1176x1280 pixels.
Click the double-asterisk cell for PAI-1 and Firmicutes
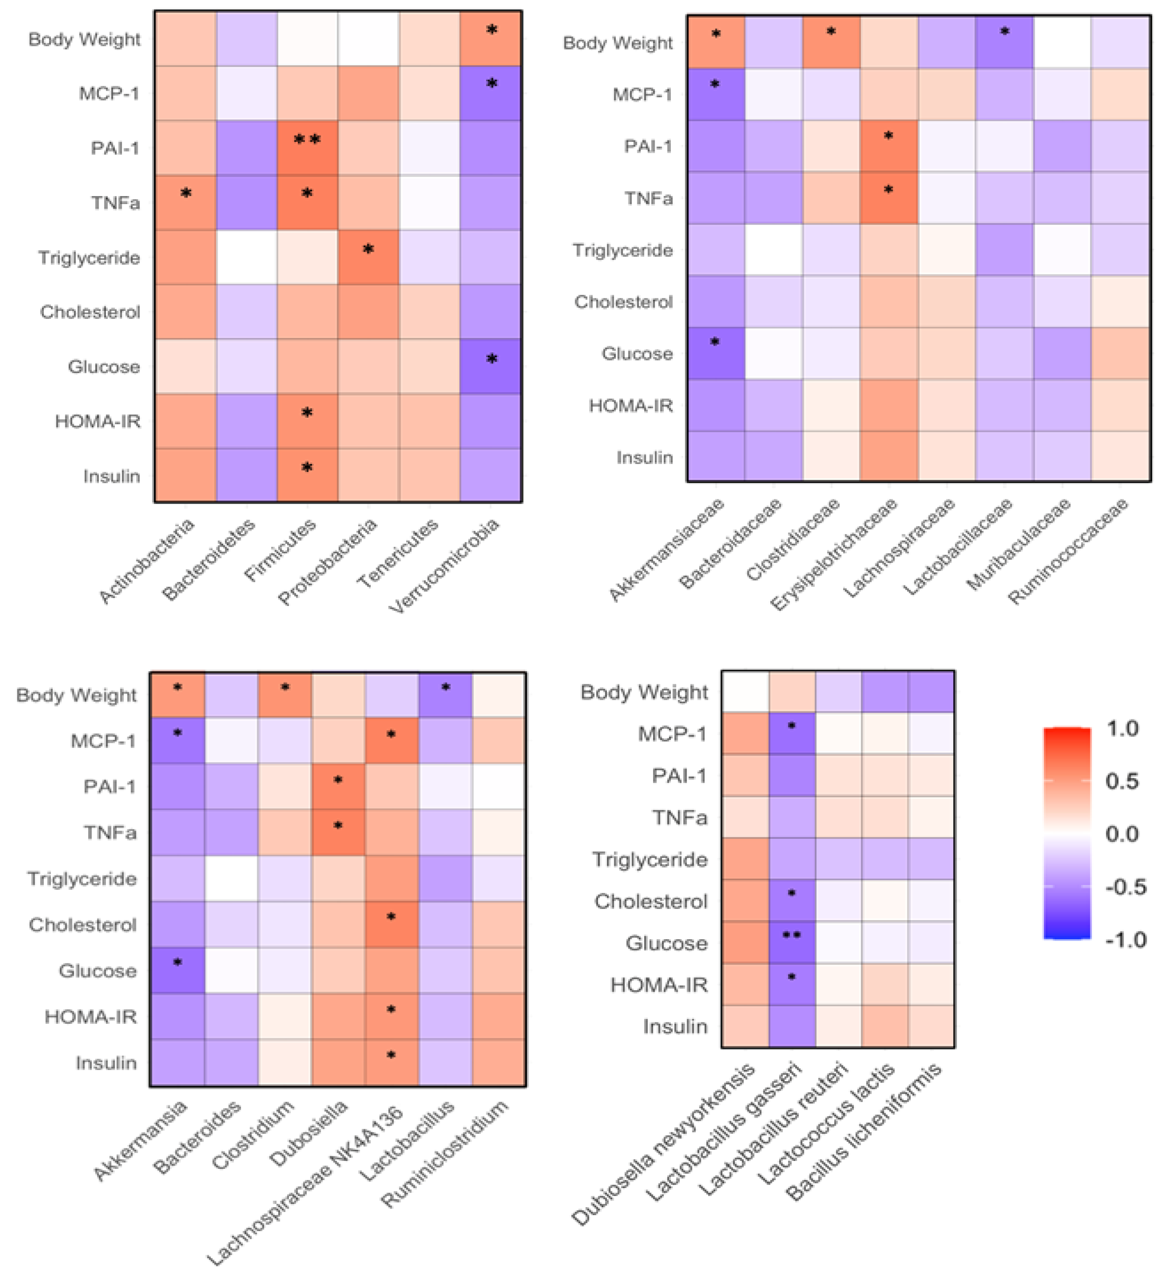(x=307, y=148)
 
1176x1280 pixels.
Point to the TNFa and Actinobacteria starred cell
(x=185, y=202)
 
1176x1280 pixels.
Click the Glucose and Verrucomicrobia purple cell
(x=491, y=366)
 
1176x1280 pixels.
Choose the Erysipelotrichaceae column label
(x=834, y=554)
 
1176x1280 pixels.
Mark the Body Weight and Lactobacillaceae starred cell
(x=1004, y=42)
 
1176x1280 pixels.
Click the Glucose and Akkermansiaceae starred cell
(x=715, y=353)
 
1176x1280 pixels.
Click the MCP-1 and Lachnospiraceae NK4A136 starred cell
(x=391, y=740)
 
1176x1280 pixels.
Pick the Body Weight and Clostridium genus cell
(x=285, y=695)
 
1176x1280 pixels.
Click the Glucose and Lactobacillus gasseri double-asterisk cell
(x=792, y=942)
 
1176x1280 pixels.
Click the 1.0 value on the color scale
(x=1122, y=728)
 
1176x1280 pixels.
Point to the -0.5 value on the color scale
(x=1125, y=887)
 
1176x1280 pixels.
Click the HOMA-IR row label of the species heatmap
(x=659, y=985)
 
